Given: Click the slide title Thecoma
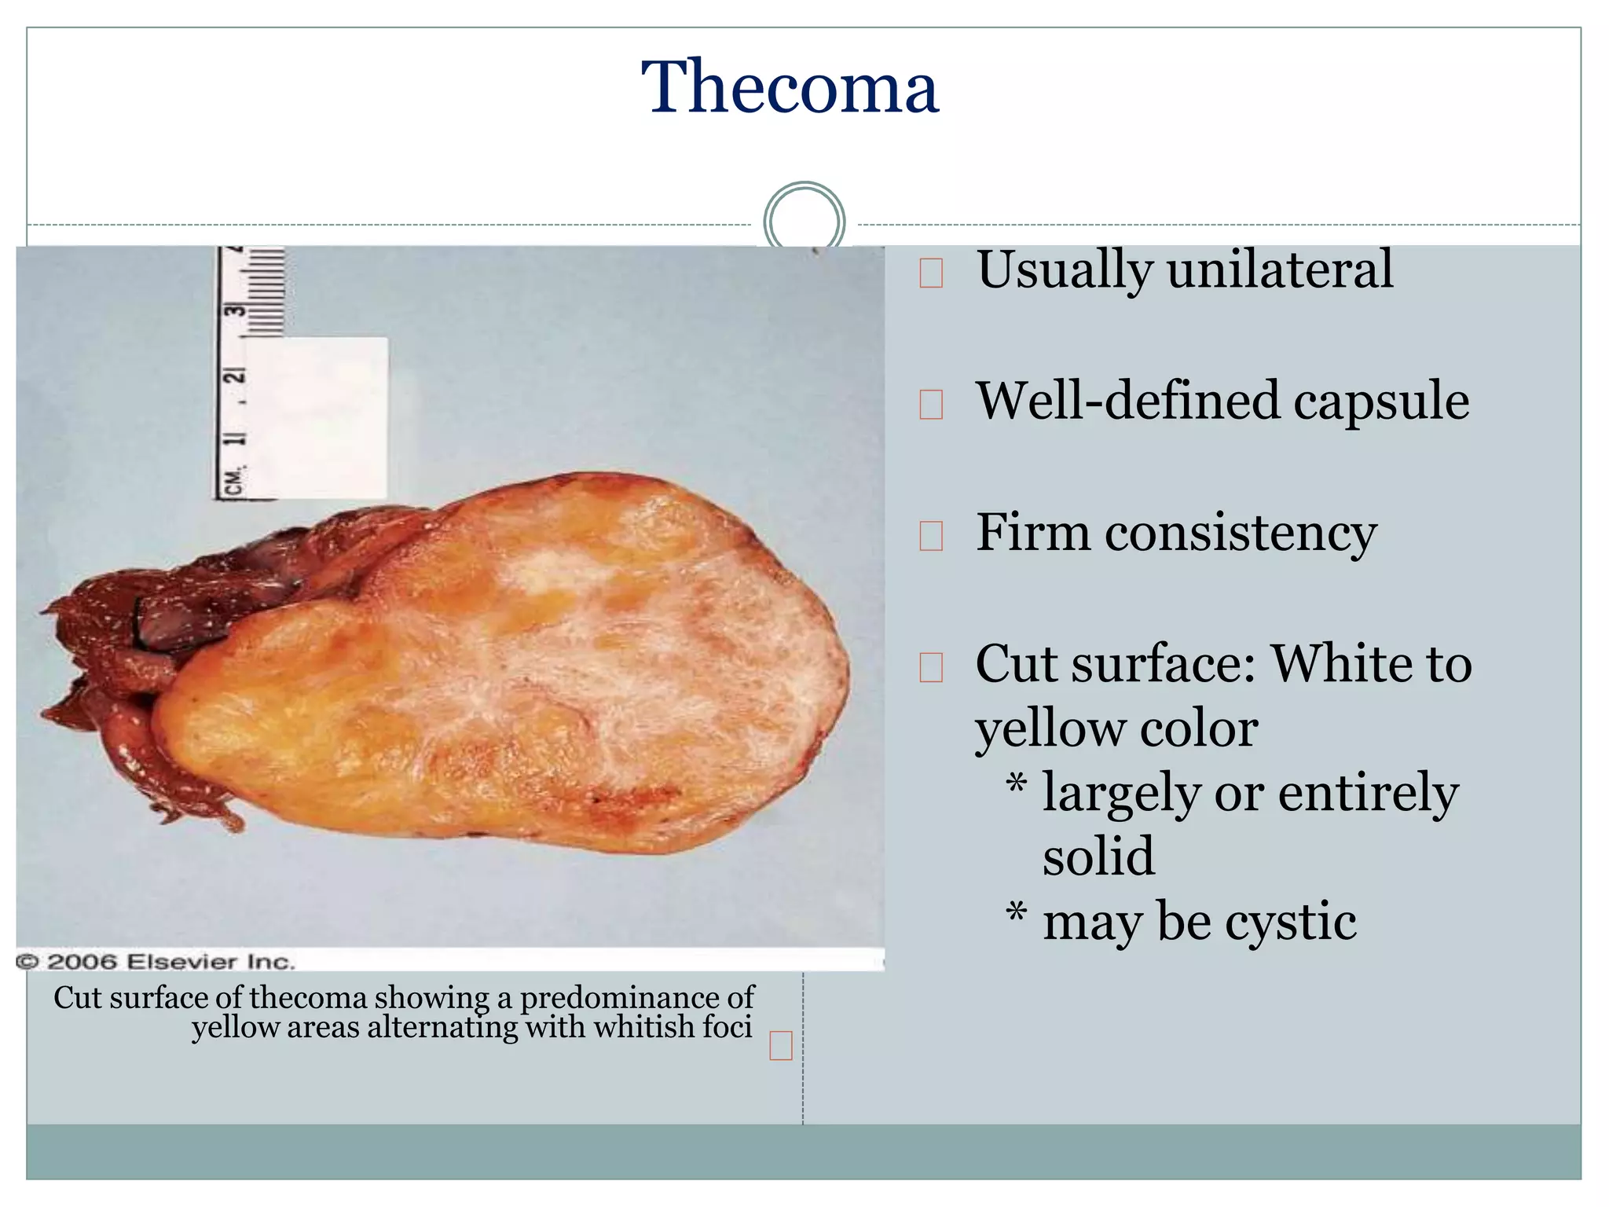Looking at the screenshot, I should click(790, 87).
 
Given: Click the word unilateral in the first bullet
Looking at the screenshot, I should click(1280, 270).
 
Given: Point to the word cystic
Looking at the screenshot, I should click(1290, 921).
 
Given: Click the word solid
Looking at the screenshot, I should click(1098, 856).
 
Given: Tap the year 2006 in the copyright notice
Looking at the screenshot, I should click(82, 962).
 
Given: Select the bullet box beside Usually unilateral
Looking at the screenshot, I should click(931, 273).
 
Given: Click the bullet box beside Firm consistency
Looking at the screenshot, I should click(931, 537).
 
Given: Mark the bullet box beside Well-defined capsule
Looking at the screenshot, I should click(931, 405).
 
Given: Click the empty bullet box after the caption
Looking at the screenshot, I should click(781, 1047).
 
